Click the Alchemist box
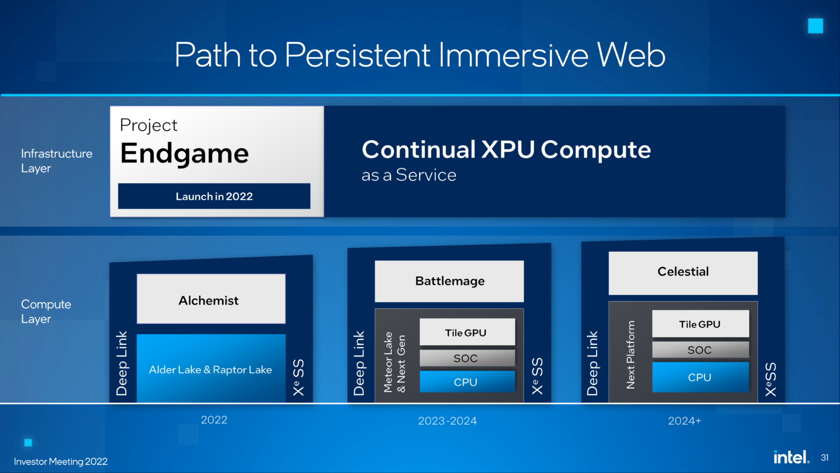click(x=211, y=299)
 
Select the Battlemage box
click(x=449, y=281)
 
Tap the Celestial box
click(x=682, y=272)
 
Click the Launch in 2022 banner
click(x=214, y=196)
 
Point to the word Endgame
click(x=184, y=153)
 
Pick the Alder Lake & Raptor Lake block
click(x=211, y=370)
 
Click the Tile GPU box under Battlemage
click(x=466, y=332)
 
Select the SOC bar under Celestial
click(x=700, y=350)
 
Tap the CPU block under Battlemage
click(x=466, y=382)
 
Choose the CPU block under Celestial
click(x=700, y=377)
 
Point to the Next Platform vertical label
click(x=631, y=355)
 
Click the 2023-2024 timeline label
click(x=447, y=420)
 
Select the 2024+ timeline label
click(x=684, y=420)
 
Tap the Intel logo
click(x=791, y=457)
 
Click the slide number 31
click(x=825, y=458)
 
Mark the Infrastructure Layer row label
click(x=56, y=161)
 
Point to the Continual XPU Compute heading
click(x=506, y=149)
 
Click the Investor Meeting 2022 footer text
click(x=61, y=462)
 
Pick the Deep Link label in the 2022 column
click(x=122, y=363)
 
